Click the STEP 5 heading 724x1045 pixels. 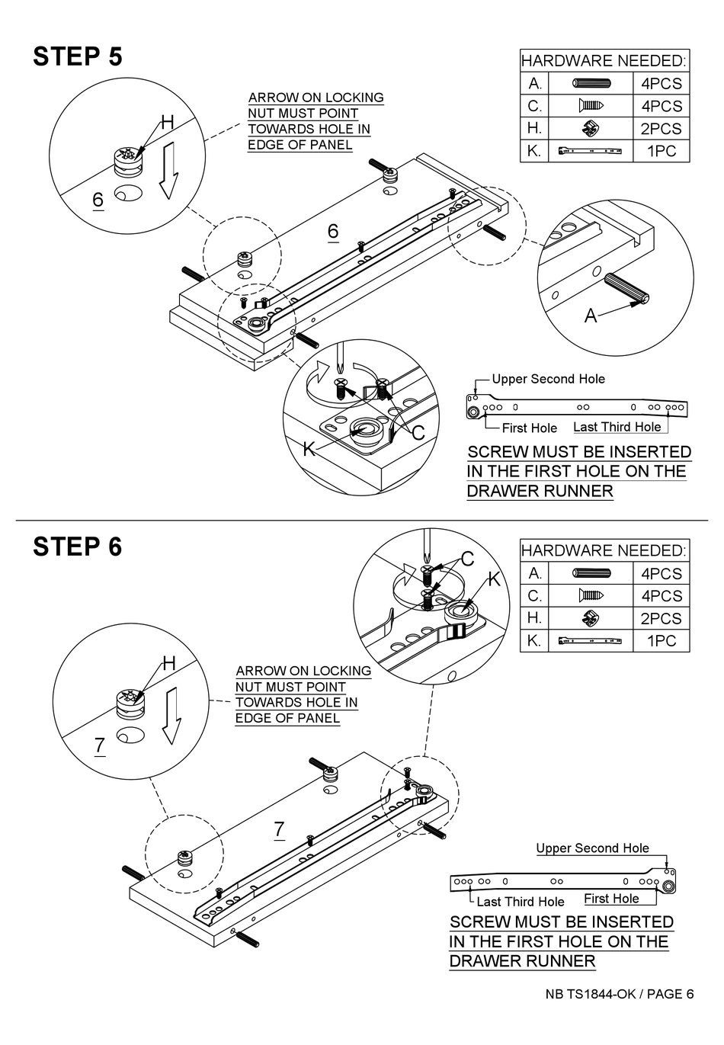(78, 56)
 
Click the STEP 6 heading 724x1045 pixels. (78, 547)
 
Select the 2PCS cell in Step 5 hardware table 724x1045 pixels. (661, 129)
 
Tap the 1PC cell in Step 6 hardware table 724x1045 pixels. (661, 641)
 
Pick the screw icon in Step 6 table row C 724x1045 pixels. (594, 595)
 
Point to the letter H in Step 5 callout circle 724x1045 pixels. (167, 123)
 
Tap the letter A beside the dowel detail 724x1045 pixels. (591, 315)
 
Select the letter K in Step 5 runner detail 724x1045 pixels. (309, 450)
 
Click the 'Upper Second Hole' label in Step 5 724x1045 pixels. (548, 379)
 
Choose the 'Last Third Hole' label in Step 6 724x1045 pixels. (521, 902)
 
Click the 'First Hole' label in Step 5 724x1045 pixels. (529, 428)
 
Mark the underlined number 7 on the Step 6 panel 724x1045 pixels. (279, 829)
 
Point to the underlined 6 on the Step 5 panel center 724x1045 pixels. (332, 231)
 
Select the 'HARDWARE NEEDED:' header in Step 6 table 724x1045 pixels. (604, 550)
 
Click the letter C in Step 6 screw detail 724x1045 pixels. (467, 559)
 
